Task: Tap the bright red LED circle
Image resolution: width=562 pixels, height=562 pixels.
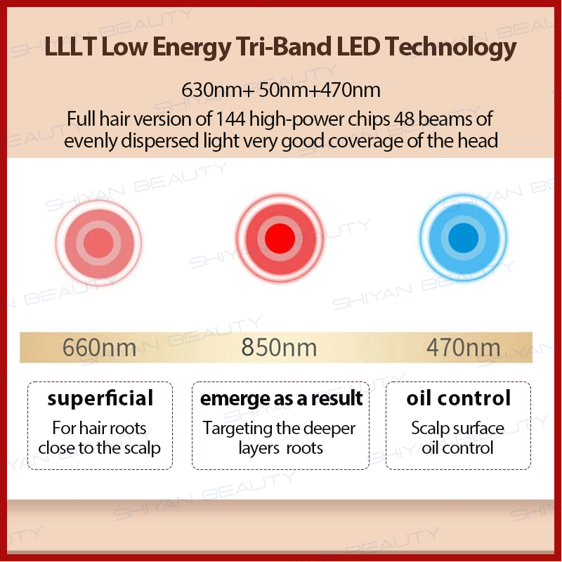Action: click(280, 238)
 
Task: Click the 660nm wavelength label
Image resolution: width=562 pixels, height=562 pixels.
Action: click(100, 347)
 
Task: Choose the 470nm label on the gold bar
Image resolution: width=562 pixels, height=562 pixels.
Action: click(463, 347)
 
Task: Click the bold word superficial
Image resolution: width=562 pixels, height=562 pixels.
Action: click(100, 399)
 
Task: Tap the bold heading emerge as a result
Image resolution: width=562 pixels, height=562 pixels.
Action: click(281, 399)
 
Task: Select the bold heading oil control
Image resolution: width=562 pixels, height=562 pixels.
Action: click(458, 399)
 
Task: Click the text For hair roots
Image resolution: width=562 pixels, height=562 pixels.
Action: click(100, 428)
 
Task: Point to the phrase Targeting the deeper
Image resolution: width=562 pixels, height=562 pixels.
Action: click(279, 428)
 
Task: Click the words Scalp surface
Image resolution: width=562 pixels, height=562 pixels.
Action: click(458, 428)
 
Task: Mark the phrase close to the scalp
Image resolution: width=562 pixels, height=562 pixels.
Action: click(100, 447)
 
